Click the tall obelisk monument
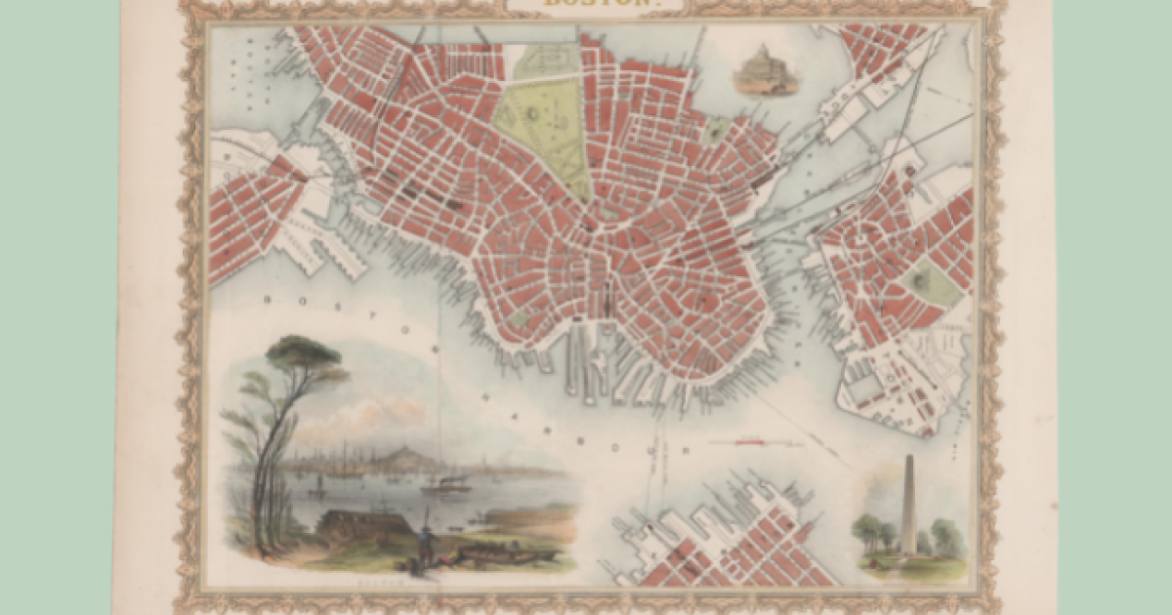(909, 508)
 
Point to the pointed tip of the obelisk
(909, 457)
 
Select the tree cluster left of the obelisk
(872, 532)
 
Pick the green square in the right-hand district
(929, 283)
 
